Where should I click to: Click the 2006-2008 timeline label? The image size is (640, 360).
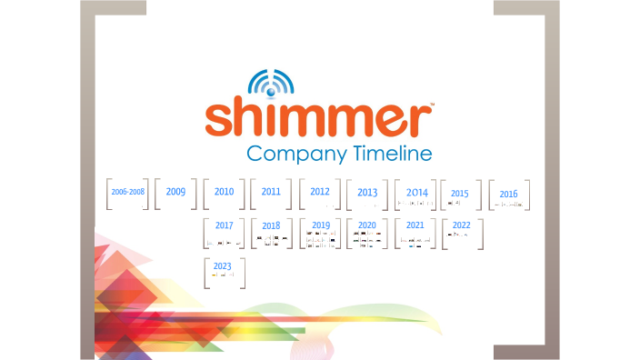pos(128,193)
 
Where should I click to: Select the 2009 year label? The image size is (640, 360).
pos(175,192)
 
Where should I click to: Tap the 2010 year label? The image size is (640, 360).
pos(225,192)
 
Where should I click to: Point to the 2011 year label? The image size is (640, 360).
pos(271,192)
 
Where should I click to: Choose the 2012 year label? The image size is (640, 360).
pos(320,192)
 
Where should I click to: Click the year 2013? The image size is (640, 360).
pos(367,193)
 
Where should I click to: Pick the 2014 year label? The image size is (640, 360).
pos(417,193)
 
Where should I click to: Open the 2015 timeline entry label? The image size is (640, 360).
pos(460,193)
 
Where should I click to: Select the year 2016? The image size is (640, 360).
pos(508,194)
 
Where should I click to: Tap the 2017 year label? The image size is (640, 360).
pos(225,225)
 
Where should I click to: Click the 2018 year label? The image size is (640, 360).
pos(271,225)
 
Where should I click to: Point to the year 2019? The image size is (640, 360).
pos(321,225)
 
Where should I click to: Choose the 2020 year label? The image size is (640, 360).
pos(367,225)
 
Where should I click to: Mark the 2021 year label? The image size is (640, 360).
pos(415,225)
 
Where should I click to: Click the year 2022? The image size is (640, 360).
pos(462,225)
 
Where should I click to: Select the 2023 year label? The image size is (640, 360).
pos(223,265)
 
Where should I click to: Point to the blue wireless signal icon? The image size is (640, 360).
pos(271,84)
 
